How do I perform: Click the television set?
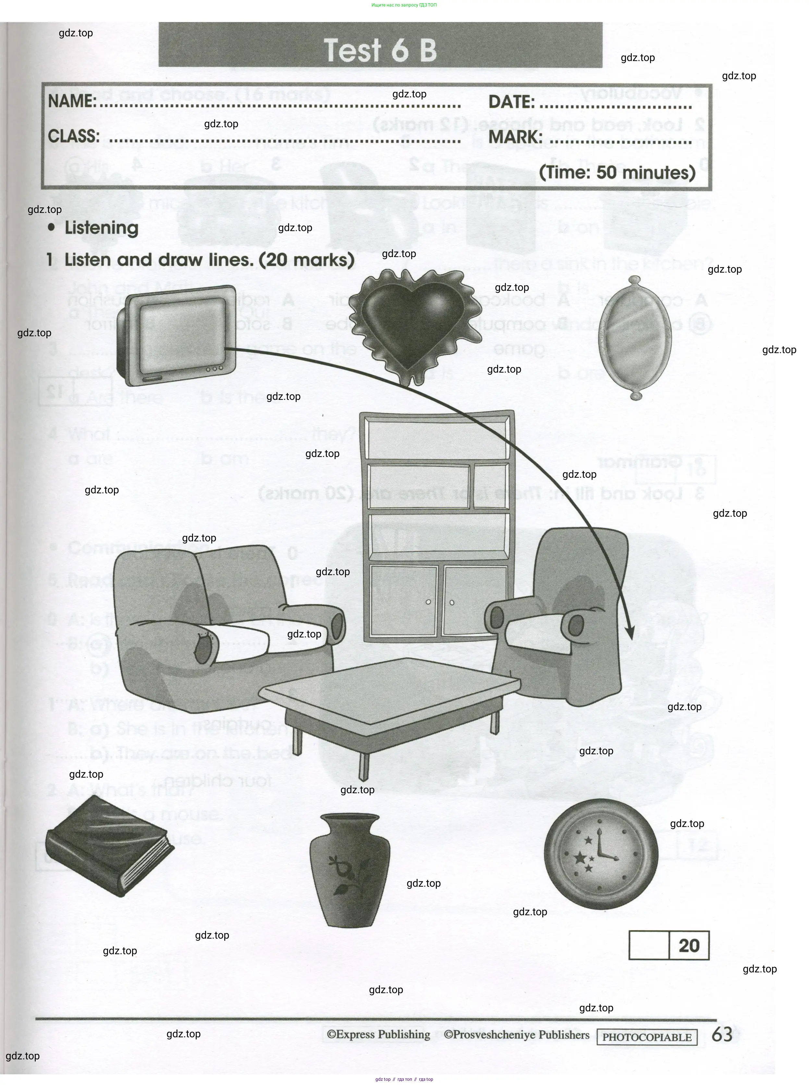[180, 336]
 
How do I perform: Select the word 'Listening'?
[101, 228]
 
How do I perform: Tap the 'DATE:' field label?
[511, 102]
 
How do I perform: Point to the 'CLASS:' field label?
[73, 136]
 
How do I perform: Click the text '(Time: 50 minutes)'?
[617, 172]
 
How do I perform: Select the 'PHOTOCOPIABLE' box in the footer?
[646, 1037]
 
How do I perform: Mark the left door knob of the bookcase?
[428, 602]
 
